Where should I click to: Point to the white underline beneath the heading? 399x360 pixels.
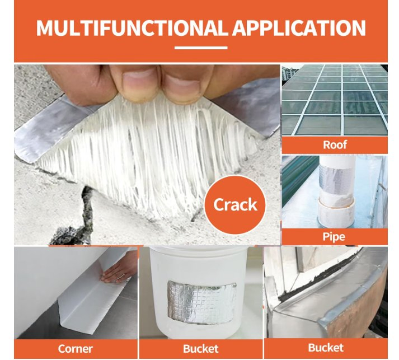pos(200,48)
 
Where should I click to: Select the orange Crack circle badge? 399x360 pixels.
pos(235,205)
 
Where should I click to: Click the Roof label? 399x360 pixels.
pos(334,145)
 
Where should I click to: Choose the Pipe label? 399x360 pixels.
pos(334,237)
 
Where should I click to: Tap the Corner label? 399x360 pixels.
pos(75,348)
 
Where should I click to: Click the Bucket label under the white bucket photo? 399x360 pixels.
pos(200,348)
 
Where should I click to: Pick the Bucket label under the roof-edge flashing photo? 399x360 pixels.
pos(326,348)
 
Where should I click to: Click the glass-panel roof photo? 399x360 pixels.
pos(334,101)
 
